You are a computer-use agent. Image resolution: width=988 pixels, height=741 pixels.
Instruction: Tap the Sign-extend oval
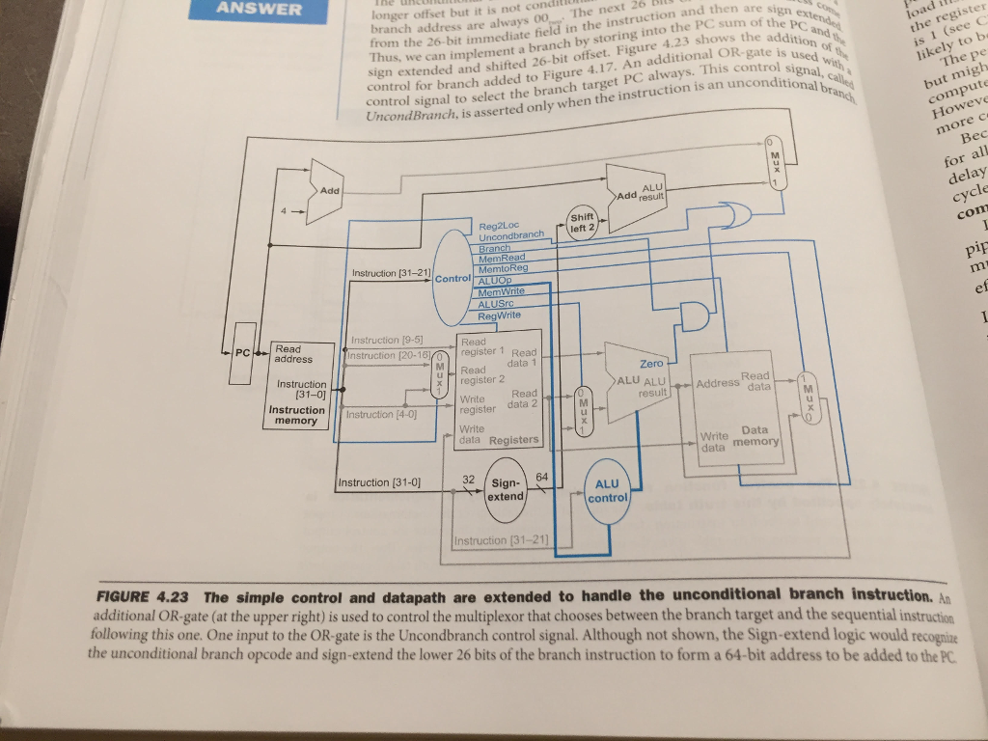[506, 489]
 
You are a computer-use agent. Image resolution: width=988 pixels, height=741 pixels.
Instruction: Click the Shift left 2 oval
[584, 222]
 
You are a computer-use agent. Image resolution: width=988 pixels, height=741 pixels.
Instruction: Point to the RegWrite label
[499, 316]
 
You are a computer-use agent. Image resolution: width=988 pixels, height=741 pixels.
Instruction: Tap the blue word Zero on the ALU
[652, 364]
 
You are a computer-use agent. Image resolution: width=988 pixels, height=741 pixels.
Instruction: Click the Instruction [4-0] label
[381, 415]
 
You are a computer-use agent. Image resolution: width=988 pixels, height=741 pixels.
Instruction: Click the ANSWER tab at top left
[258, 10]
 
